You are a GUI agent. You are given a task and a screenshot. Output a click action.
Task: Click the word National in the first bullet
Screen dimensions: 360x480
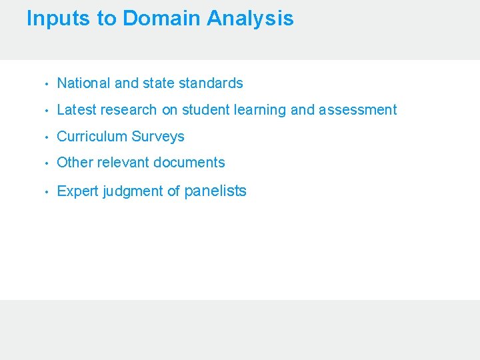[84, 83]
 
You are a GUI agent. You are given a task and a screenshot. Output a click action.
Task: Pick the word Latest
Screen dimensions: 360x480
[77, 110]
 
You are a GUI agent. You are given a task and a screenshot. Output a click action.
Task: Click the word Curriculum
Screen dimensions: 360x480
[92, 137]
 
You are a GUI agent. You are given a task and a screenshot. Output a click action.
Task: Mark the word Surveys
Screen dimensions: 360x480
[158, 137]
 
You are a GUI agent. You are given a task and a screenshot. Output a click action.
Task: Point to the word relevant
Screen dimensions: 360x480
[123, 163]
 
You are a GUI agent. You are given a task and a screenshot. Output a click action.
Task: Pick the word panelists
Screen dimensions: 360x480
[215, 191]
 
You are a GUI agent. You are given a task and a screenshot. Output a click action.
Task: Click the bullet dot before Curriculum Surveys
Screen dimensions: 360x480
[45, 137]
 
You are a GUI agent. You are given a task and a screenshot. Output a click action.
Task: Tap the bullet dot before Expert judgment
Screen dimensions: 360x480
[45, 192]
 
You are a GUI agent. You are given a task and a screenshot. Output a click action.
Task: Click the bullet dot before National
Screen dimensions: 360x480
[45, 84]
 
